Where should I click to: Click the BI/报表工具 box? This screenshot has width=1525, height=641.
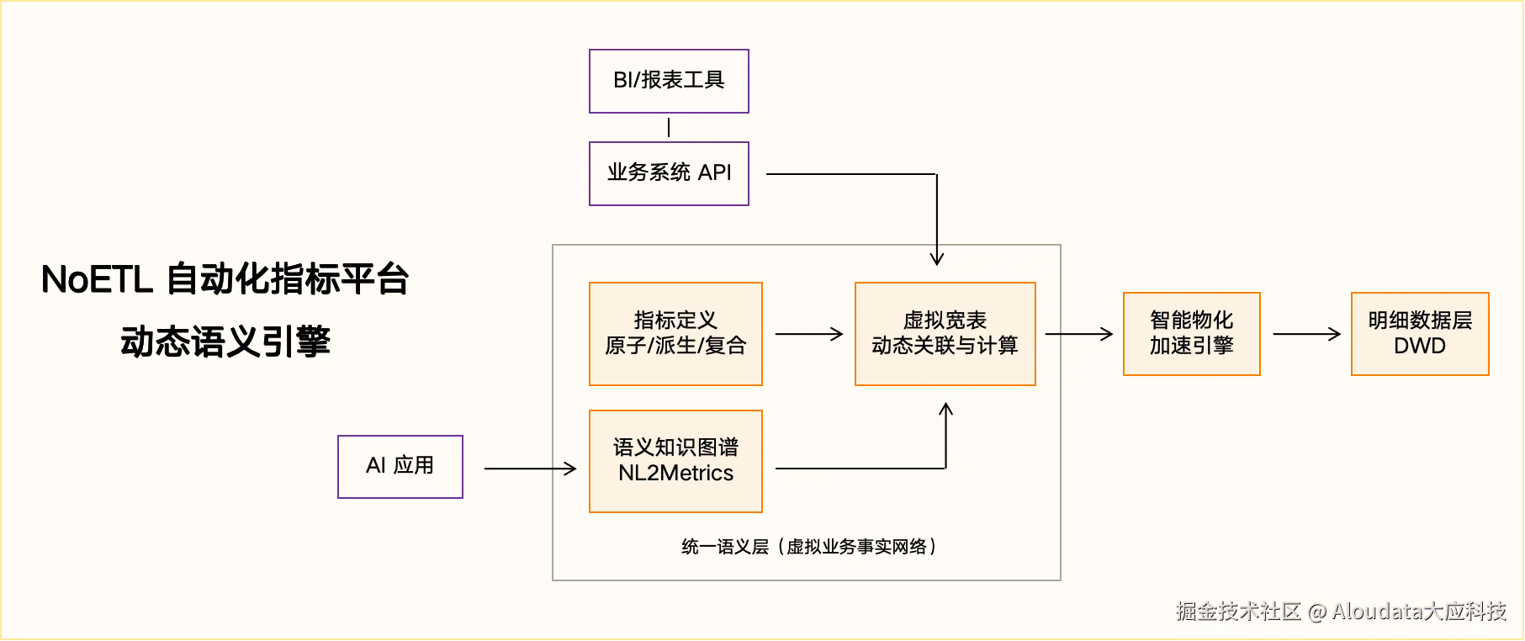point(669,81)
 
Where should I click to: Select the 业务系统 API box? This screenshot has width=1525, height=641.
point(669,173)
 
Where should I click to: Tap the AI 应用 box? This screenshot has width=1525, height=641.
point(400,466)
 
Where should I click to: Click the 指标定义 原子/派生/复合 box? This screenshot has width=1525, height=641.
point(675,334)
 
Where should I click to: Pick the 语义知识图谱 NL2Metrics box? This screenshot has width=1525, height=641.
point(675,461)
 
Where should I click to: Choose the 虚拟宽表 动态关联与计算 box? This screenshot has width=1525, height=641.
point(945,334)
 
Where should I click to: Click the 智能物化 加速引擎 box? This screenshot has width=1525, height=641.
point(1191,334)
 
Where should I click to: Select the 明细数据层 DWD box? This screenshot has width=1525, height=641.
point(1420,334)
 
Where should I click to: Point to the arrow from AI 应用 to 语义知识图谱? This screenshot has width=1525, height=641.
point(530,469)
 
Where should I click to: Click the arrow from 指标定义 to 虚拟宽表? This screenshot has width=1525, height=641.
point(808,334)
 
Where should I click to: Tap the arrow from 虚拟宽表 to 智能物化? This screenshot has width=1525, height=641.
point(1078,334)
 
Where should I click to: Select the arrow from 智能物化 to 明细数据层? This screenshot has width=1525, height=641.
point(1305,334)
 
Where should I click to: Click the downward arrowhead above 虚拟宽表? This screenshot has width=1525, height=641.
point(936,257)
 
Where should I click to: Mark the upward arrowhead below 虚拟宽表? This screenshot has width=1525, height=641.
point(945,411)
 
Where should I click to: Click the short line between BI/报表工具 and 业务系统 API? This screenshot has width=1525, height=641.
point(669,127)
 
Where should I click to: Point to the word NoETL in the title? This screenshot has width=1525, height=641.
point(96,280)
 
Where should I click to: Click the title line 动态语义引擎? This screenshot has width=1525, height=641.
point(225,342)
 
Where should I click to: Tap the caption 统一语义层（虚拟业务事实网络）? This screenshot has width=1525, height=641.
point(808,547)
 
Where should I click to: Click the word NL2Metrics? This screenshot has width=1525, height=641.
point(675,474)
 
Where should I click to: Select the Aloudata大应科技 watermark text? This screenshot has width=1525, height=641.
point(1418,612)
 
